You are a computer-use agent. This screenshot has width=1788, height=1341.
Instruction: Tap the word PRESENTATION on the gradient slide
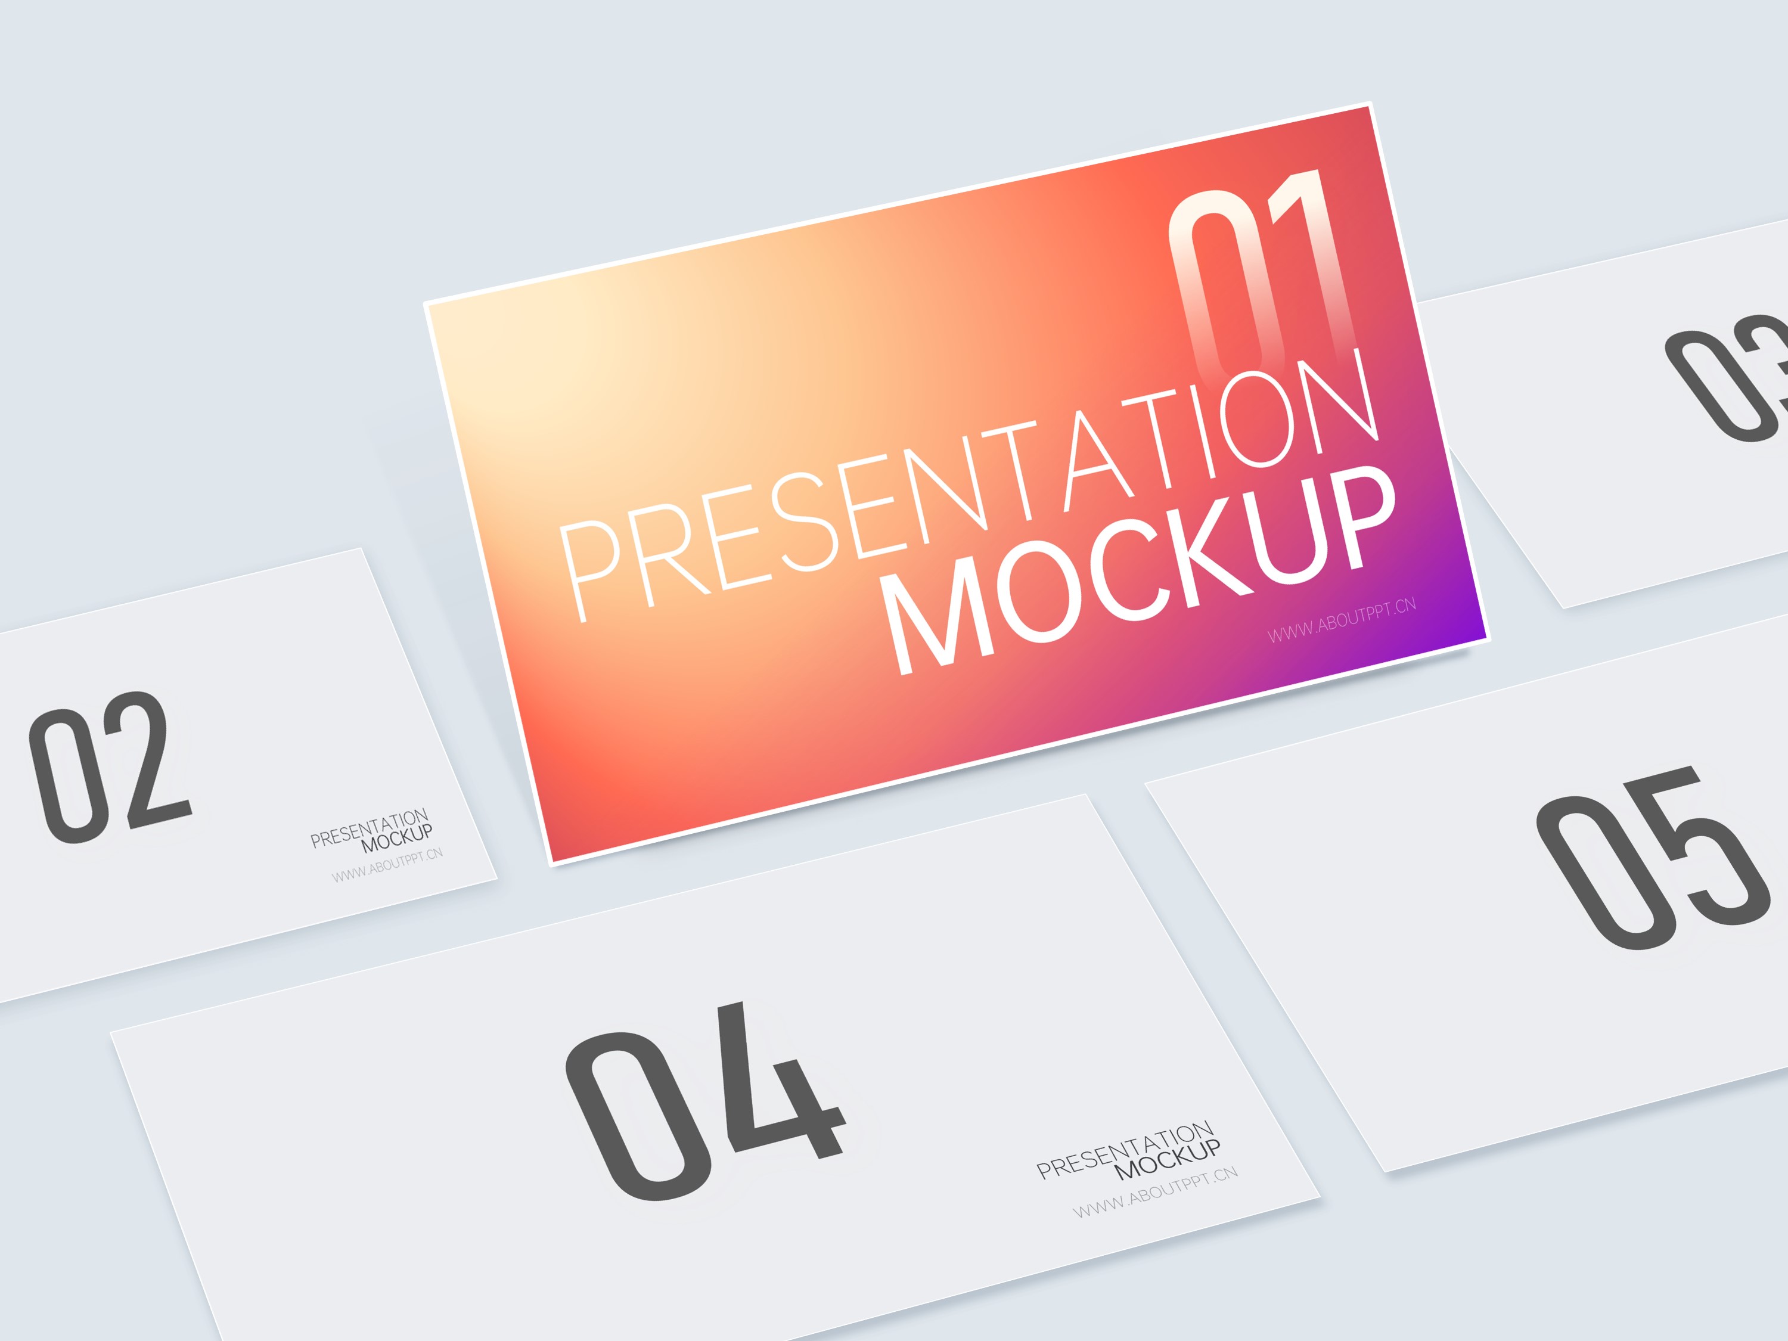pos(970,485)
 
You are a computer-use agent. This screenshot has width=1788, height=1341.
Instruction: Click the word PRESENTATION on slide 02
pos(370,828)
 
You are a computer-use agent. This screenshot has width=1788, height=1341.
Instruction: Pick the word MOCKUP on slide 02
pos(397,838)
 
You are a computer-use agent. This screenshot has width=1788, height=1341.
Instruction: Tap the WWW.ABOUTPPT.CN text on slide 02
pos(387,865)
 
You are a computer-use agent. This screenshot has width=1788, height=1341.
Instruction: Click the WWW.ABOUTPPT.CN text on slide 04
pos(1155,1191)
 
